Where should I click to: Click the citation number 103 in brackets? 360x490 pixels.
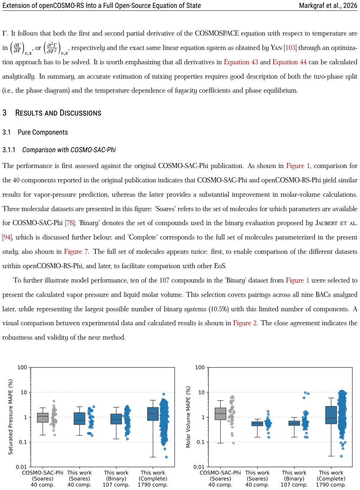tap(290, 48)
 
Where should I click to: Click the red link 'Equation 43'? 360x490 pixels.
tap(241, 62)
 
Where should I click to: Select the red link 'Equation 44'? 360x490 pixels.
tap(289, 62)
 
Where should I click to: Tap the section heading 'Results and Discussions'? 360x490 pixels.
tap(58, 113)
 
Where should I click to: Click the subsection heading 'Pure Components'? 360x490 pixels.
tap(43, 132)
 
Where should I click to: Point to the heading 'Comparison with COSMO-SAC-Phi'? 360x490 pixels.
tap(69, 150)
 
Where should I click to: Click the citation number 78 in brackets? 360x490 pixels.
tap(70, 223)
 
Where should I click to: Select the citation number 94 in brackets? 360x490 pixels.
tap(7, 237)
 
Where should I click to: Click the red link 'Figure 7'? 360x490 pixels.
tap(76, 252)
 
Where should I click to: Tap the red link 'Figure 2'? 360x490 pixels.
tap(245, 323)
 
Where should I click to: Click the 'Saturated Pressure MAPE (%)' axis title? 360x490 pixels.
tap(10, 417)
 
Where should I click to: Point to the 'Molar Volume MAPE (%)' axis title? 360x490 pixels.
tap(188, 417)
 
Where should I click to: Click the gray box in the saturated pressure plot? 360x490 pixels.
tap(43, 417)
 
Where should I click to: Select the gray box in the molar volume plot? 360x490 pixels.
tap(220, 414)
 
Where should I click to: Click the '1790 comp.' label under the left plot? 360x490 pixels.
tap(153, 485)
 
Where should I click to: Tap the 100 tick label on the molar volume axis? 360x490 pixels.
tap(200, 368)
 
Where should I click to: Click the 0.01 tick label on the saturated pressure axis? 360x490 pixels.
tap(21, 467)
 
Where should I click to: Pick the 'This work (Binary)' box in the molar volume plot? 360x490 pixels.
tap(294, 423)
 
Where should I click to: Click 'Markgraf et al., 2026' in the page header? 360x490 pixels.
tap(328, 5)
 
